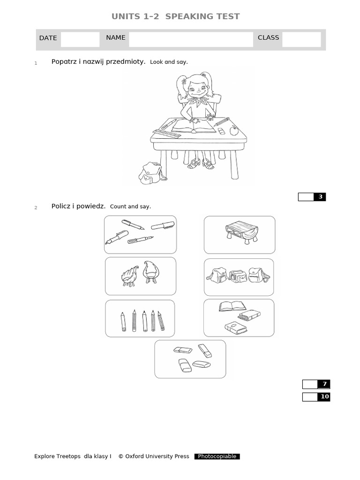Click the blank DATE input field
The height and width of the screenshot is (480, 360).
coord(80,39)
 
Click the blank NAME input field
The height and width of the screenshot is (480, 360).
coord(191,39)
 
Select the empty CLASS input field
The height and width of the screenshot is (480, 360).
coord(301,39)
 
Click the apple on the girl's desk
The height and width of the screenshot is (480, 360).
coord(234,130)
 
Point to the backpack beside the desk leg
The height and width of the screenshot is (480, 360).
coord(151,173)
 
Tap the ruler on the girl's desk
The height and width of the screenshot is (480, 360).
coord(166,134)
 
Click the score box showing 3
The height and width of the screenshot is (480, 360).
coord(312,197)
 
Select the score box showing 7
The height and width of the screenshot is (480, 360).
coord(316,384)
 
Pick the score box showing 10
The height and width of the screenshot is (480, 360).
coord(316,397)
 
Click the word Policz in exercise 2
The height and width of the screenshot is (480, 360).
coord(61,206)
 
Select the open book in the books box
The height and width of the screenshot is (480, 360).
coord(232,307)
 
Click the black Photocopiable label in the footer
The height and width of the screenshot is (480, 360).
coord(217,457)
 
